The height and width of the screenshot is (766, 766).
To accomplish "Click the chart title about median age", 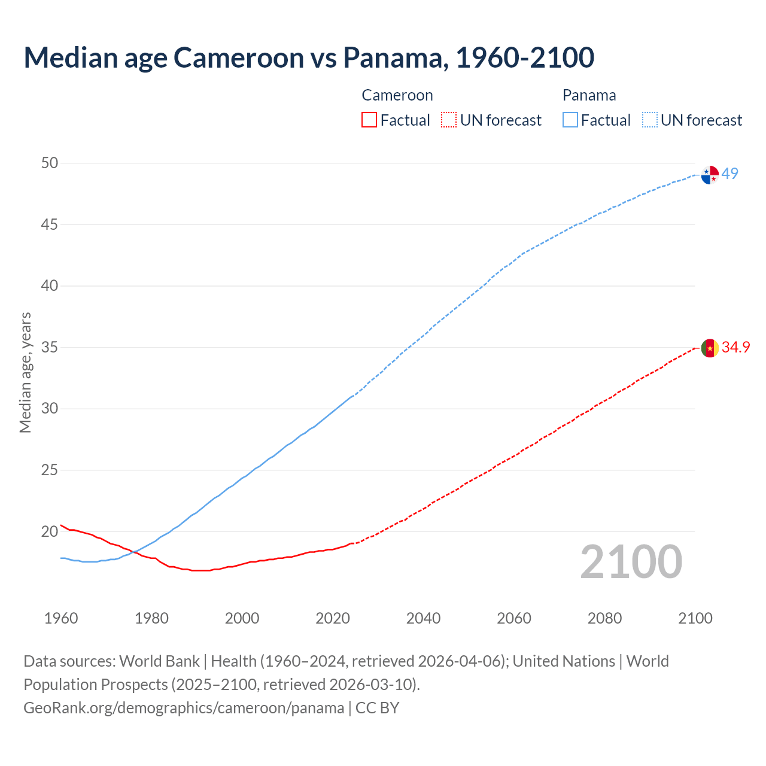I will coord(309,57).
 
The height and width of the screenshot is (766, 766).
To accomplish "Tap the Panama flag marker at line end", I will coord(710,175).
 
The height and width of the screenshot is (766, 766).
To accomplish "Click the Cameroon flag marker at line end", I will coord(710,348).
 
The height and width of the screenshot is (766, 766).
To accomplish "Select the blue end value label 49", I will coord(729,174).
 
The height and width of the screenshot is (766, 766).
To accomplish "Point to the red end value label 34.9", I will coord(735,347).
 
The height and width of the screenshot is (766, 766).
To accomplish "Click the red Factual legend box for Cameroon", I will coord(369,120).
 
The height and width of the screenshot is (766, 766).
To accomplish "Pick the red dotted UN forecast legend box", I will coord(448,120).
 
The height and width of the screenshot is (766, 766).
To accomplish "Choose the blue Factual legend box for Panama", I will coord(570,120).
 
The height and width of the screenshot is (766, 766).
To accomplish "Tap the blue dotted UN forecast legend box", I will coord(649,120).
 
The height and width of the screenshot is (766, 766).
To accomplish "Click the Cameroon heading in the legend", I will coord(397,95).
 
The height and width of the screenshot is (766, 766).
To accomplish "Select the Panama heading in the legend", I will coord(589,95).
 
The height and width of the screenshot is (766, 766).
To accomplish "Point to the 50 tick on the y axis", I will coord(50,163).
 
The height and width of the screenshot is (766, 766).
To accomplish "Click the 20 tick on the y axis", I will coord(50,531).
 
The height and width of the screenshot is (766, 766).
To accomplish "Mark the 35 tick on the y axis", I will coord(50,347).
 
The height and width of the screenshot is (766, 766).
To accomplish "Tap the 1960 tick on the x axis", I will coord(61,618).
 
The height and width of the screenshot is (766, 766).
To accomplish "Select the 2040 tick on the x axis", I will coord(423,618).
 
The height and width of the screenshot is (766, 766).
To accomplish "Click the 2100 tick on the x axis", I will coord(695,618).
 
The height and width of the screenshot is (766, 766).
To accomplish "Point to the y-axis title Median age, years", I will coord(25,372).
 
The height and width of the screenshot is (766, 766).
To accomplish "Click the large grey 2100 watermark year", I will coord(631,561).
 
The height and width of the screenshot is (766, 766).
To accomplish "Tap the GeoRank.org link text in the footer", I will coord(184,708).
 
